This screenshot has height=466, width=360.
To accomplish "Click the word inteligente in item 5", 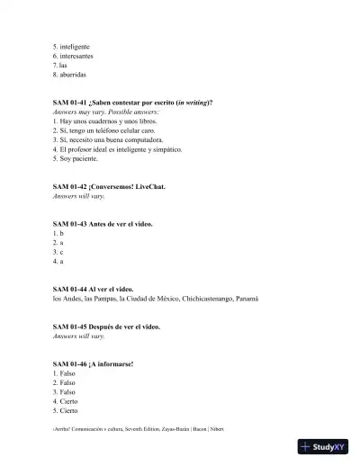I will [x=74, y=46].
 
